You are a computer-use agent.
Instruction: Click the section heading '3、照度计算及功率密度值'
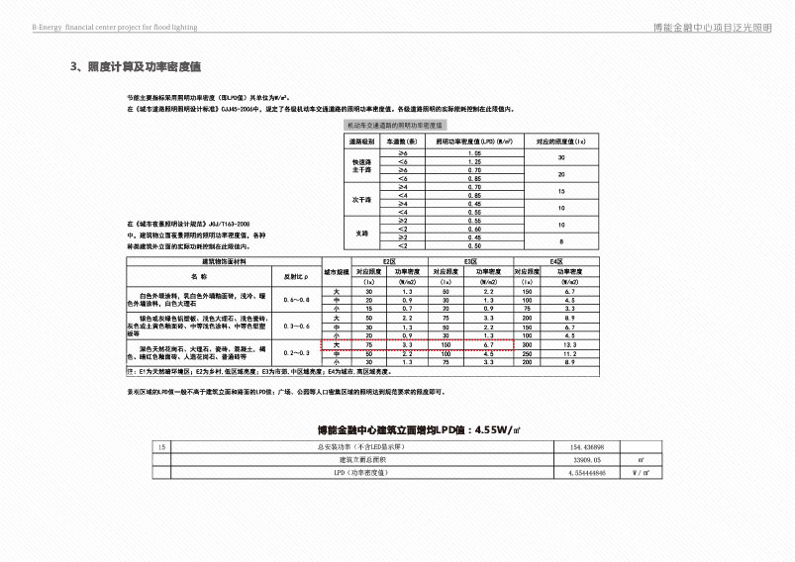coord(136,66)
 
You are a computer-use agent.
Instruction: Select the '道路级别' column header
coord(361,142)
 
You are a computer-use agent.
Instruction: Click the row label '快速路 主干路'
coord(361,166)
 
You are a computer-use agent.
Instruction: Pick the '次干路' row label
coord(361,199)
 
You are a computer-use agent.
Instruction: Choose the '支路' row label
coord(361,232)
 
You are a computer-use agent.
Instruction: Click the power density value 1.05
coord(474,154)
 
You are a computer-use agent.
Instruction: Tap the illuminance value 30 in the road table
coord(561,158)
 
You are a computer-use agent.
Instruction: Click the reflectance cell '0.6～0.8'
coord(296,299)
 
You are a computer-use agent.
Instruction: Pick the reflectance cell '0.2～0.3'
coord(296,353)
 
